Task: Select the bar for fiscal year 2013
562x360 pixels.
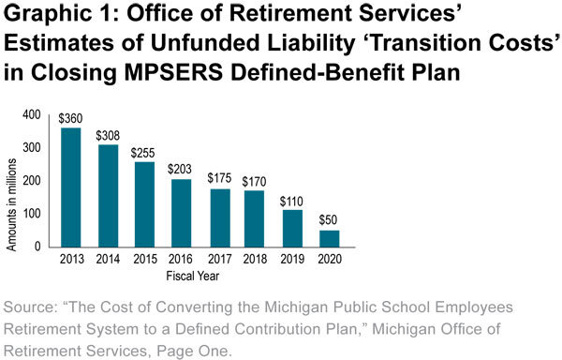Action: (71, 187)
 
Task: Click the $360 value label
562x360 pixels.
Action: (71, 120)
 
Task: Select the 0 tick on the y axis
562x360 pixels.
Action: (38, 247)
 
